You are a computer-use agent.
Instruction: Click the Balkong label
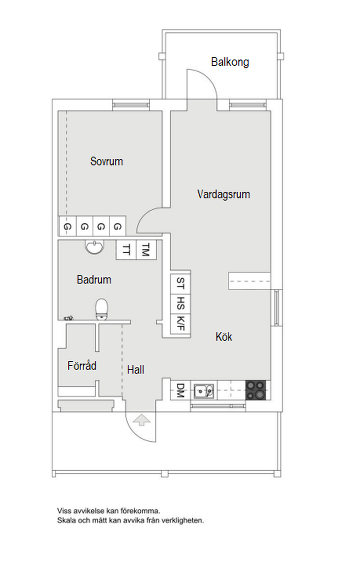(x=230, y=62)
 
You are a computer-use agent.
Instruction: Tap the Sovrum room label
(x=107, y=161)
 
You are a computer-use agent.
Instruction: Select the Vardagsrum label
(x=224, y=194)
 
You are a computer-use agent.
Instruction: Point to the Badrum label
(x=94, y=280)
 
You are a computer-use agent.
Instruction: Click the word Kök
(x=224, y=337)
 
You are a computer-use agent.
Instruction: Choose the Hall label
(x=135, y=370)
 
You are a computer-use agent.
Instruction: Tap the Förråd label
(x=82, y=366)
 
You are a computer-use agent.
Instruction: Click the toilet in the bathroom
(x=102, y=309)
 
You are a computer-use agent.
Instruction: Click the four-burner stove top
(x=256, y=390)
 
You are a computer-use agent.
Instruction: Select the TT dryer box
(x=127, y=250)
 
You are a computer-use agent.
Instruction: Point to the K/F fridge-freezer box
(x=181, y=323)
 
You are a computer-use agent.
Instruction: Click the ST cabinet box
(x=180, y=283)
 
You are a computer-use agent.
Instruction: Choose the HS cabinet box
(x=180, y=303)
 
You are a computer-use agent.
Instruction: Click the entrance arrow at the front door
(x=142, y=420)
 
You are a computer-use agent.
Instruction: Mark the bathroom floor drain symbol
(x=69, y=318)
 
